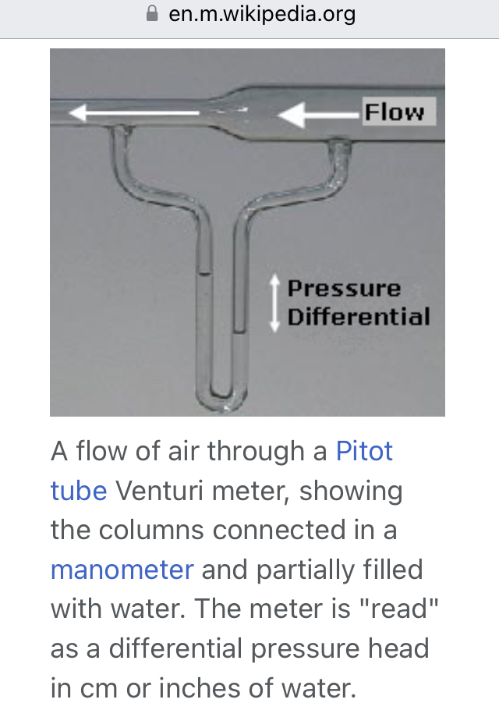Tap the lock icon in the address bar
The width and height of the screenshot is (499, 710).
tap(152, 14)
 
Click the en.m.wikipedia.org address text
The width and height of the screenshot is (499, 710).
tap(261, 14)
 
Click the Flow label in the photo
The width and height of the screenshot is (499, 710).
tap(395, 112)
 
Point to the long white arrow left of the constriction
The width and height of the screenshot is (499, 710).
tap(133, 114)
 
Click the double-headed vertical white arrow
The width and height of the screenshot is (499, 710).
tap(274, 304)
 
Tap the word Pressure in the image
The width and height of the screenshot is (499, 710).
tap(344, 289)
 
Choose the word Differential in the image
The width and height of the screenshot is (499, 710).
tap(359, 318)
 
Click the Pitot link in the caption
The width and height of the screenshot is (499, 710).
tap(364, 451)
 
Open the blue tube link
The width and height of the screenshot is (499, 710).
tap(79, 491)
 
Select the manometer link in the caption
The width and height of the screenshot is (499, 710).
tap(122, 570)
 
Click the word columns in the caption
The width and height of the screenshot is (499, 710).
tap(156, 531)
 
